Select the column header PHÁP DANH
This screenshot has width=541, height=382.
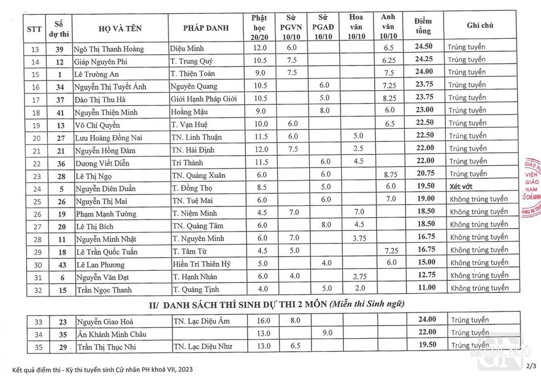click(206, 26)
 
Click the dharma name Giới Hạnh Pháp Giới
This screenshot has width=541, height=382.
click(204, 97)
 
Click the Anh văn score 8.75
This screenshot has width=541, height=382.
click(390, 174)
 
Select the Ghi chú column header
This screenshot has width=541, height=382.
click(479, 26)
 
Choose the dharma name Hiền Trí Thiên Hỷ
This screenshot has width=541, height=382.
click(202, 263)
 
